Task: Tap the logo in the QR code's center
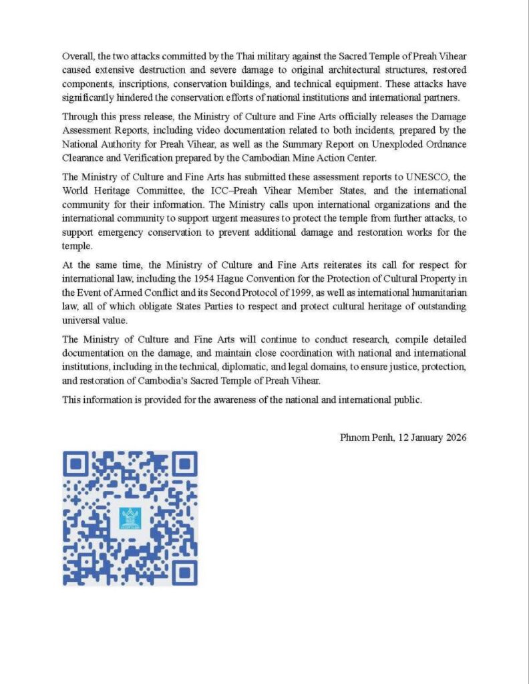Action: point(130,518)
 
